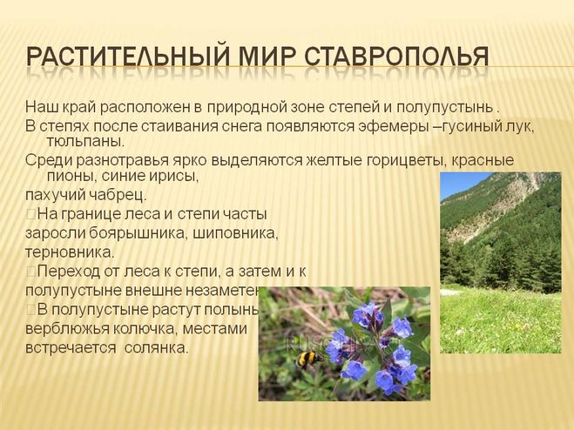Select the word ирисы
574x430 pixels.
pos(178,177)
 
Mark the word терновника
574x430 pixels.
pos(70,252)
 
